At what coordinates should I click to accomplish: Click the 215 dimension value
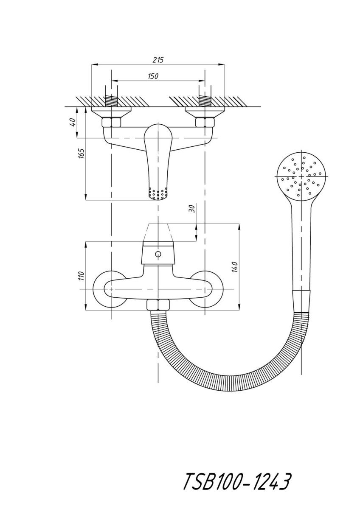pos(158,60)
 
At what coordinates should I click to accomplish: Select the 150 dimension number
pos(153,76)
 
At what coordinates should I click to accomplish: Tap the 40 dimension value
pos(73,123)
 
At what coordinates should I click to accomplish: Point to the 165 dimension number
pos(82,154)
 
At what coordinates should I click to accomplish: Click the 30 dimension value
pos(192,208)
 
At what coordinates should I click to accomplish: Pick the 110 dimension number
pos(82,276)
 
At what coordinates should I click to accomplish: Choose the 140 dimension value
pos(235,267)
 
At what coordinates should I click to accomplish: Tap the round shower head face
pos(301,176)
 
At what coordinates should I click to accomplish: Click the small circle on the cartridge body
pos(158,254)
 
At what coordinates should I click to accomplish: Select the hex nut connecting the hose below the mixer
pos(158,305)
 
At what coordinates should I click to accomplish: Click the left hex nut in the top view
pos(111,123)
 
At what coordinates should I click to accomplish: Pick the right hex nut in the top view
pos(205,123)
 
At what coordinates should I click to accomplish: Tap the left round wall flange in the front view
pos(110,289)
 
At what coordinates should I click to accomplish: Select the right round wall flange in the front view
pos(206,289)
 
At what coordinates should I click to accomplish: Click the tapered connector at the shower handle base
pos(301,301)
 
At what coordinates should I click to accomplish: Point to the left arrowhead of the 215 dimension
pos(94,65)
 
